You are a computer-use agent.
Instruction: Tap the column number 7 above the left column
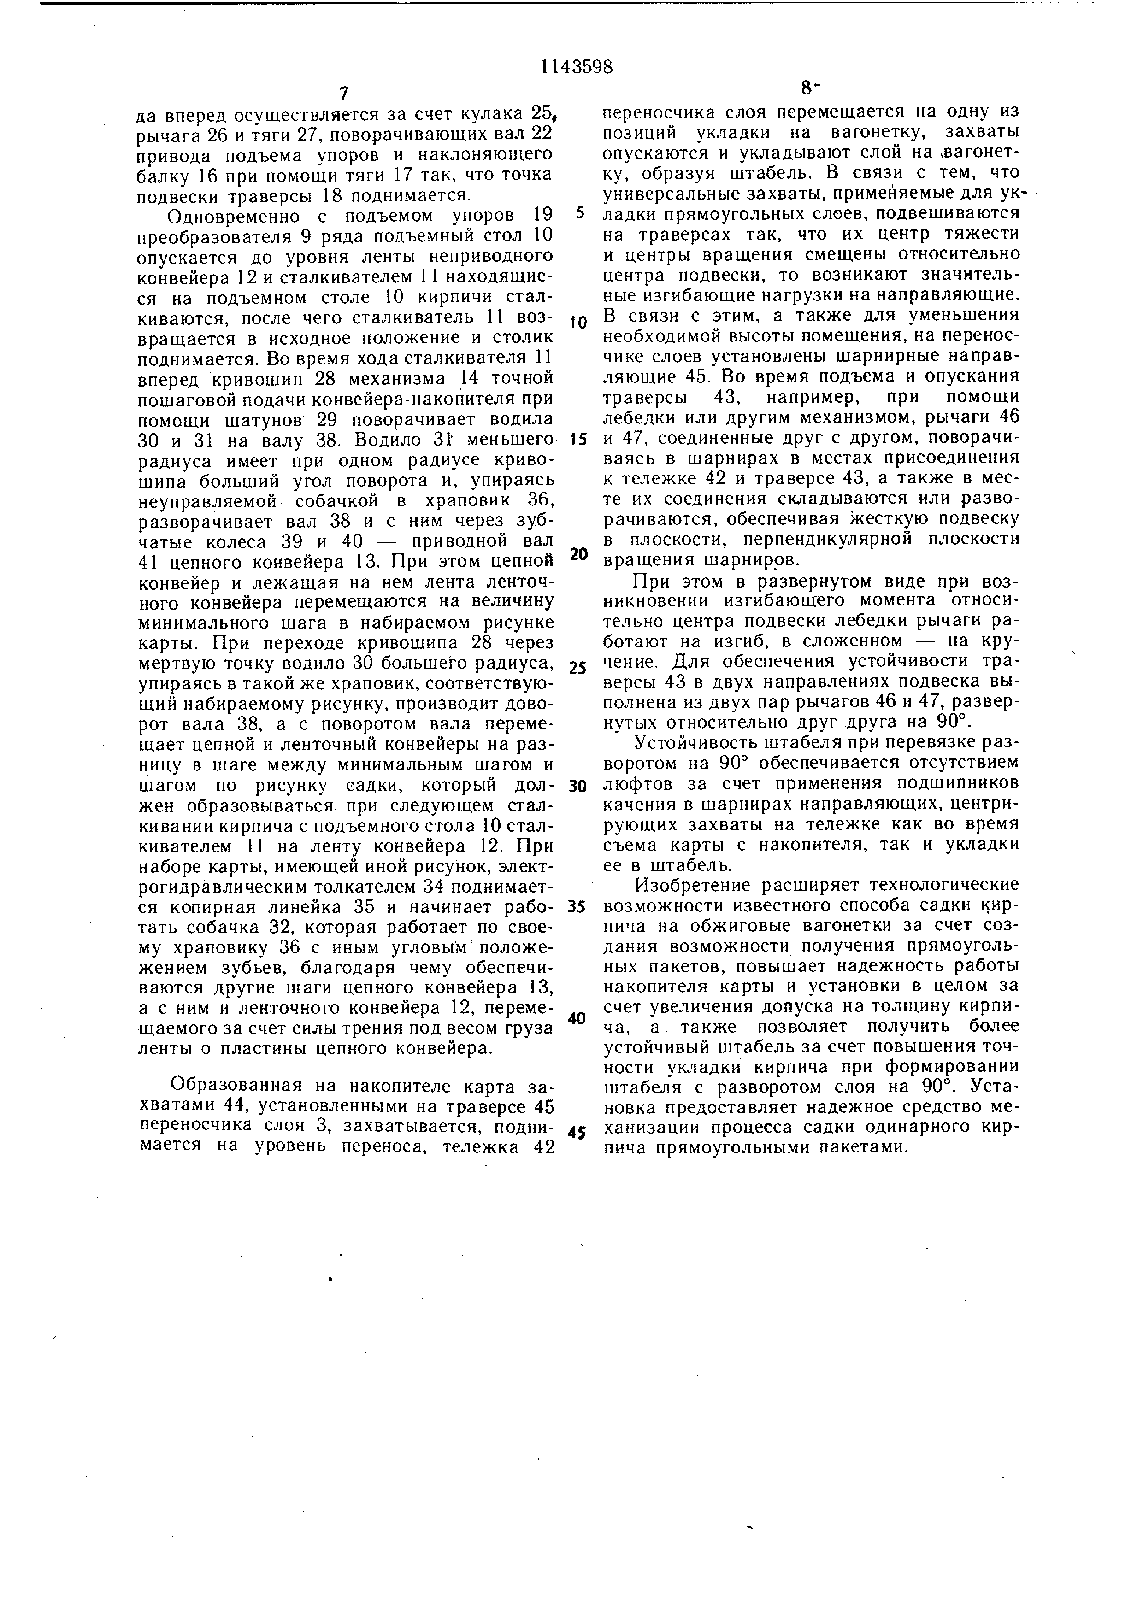tap(343, 94)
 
